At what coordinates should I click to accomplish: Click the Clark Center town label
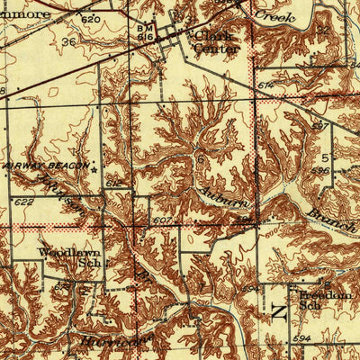click(217, 41)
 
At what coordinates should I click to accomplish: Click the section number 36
click(68, 41)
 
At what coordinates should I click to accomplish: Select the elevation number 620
click(88, 18)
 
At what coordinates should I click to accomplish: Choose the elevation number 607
click(163, 221)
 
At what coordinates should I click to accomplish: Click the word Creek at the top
click(274, 15)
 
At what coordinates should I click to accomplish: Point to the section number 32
click(322, 29)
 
